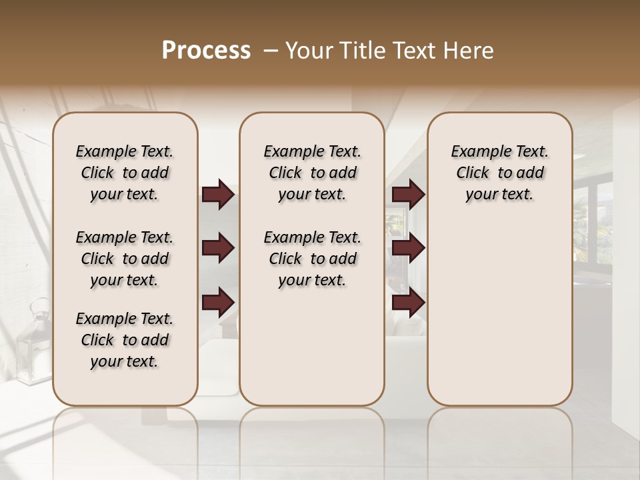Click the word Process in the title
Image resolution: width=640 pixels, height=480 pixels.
(206, 51)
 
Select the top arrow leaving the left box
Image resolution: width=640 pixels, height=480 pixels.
(218, 194)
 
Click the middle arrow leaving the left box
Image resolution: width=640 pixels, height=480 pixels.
(218, 248)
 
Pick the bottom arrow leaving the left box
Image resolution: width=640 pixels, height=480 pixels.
(218, 302)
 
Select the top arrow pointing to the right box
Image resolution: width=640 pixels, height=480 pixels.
(408, 194)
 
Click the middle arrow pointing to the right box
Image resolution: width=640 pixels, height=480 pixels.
(408, 248)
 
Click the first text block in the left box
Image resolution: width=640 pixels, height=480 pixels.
(125, 173)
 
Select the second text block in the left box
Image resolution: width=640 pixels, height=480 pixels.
(125, 259)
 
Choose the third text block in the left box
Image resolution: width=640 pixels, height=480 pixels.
(125, 340)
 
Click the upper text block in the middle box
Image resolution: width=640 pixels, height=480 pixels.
(312, 173)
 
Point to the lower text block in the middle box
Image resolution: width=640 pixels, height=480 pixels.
(312, 259)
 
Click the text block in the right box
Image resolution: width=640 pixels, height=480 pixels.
(499, 173)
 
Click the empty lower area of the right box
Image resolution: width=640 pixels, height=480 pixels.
(499, 320)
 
